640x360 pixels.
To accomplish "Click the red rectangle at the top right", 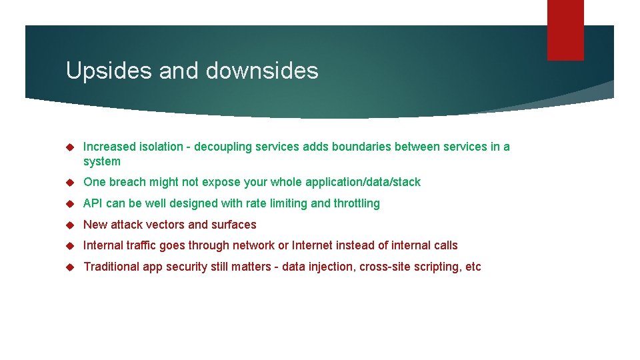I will (x=565, y=30).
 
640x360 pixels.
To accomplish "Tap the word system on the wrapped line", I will (x=102, y=161).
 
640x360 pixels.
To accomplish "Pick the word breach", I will (x=127, y=182).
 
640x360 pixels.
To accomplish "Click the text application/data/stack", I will (x=363, y=182).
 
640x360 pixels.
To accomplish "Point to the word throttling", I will (x=357, y=203).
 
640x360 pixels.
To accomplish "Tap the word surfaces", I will (x=233, y=225).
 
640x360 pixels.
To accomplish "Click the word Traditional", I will (x=110, y=267).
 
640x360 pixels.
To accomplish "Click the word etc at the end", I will (x=473, y=267).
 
